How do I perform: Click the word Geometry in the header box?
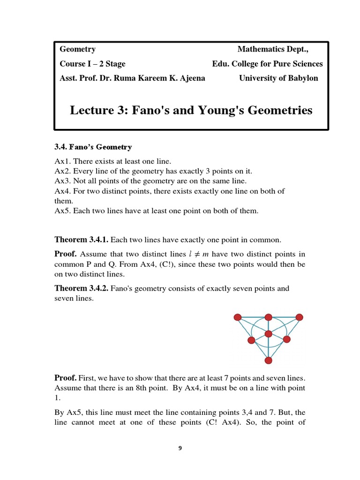coord(78,49)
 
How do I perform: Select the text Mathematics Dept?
coord(273,49)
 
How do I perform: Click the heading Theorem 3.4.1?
coord(82,240)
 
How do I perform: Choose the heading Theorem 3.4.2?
coord(82,288)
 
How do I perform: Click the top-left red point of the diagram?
coord(238,317)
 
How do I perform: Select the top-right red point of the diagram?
coord(299,317)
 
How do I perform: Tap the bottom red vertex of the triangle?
coord(268,360)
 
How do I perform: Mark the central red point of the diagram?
coord(268,334)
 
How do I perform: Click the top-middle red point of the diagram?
coord(268,317)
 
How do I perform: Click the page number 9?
coord(180,448)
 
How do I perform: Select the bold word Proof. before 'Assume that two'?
coord(66,254)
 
